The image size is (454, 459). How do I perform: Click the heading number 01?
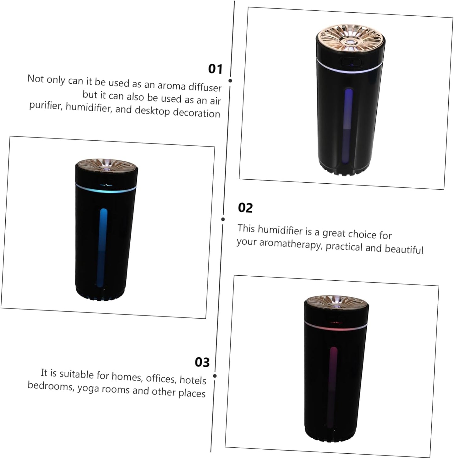pyautogui.click(x=215, y=69)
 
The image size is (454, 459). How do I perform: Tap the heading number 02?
pyautogui.click(x=245, y=208)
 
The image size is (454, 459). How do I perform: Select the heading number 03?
pyautogui.click(x=202, y=362)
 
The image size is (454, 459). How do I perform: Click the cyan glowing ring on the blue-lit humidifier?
pyautogui.click(x=106, y=190)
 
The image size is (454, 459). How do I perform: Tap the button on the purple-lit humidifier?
pyautogui.click(x=351, y=62)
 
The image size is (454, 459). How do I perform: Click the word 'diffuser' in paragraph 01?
pyautogui.click(x=205, y=87)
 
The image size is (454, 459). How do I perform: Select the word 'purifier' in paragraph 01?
pyautogui.click(x=45, y=105)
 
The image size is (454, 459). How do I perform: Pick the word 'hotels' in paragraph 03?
pyautogui.click(x=193, y=380)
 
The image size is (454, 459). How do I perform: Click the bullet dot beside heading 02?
pyautogui.click(x=223, y=219)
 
